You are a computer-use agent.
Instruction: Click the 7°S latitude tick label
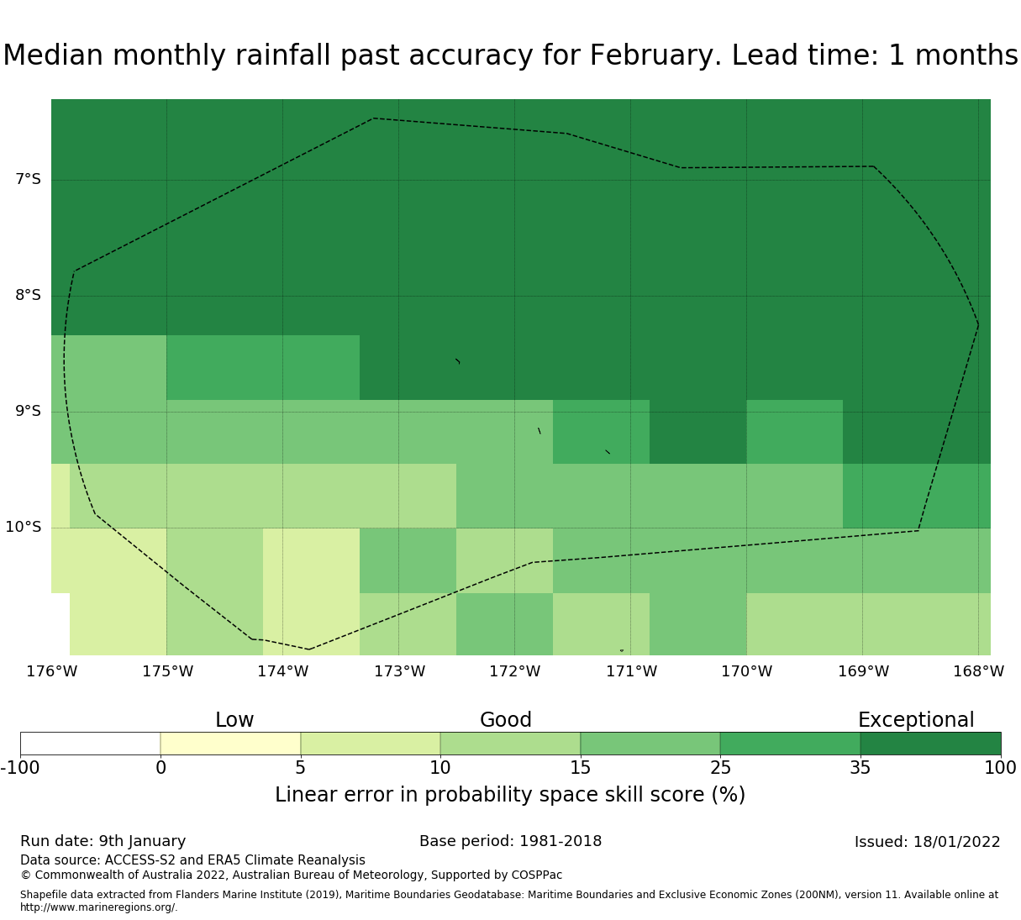pos(28,179)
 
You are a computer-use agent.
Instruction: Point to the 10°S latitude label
pos(23,527)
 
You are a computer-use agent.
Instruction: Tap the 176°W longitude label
pos(51,671)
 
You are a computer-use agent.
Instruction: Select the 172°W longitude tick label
pos(514,671)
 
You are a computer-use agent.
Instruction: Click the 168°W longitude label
pos(978,671)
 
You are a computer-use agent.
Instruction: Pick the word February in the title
pos(655,55)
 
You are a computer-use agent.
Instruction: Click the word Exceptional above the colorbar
pos(916,720)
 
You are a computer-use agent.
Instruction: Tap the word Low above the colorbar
pos(234,720)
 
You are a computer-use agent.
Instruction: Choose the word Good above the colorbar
pos(505,720)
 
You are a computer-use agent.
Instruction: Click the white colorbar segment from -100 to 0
pos(91,744)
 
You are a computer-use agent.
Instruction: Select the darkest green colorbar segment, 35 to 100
pos(930,744)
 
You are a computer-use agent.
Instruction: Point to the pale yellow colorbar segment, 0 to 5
pos(230,744)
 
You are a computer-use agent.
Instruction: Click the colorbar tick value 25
pos(720,768)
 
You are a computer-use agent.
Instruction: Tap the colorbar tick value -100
pos(20,768)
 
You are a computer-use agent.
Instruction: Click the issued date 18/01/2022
pos(956,842)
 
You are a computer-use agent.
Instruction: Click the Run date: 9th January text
pos(103,842)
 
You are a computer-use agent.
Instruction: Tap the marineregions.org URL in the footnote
pos(99,907)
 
